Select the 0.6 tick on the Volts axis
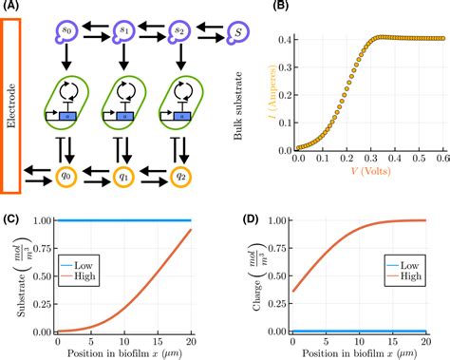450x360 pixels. pos(441,161)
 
